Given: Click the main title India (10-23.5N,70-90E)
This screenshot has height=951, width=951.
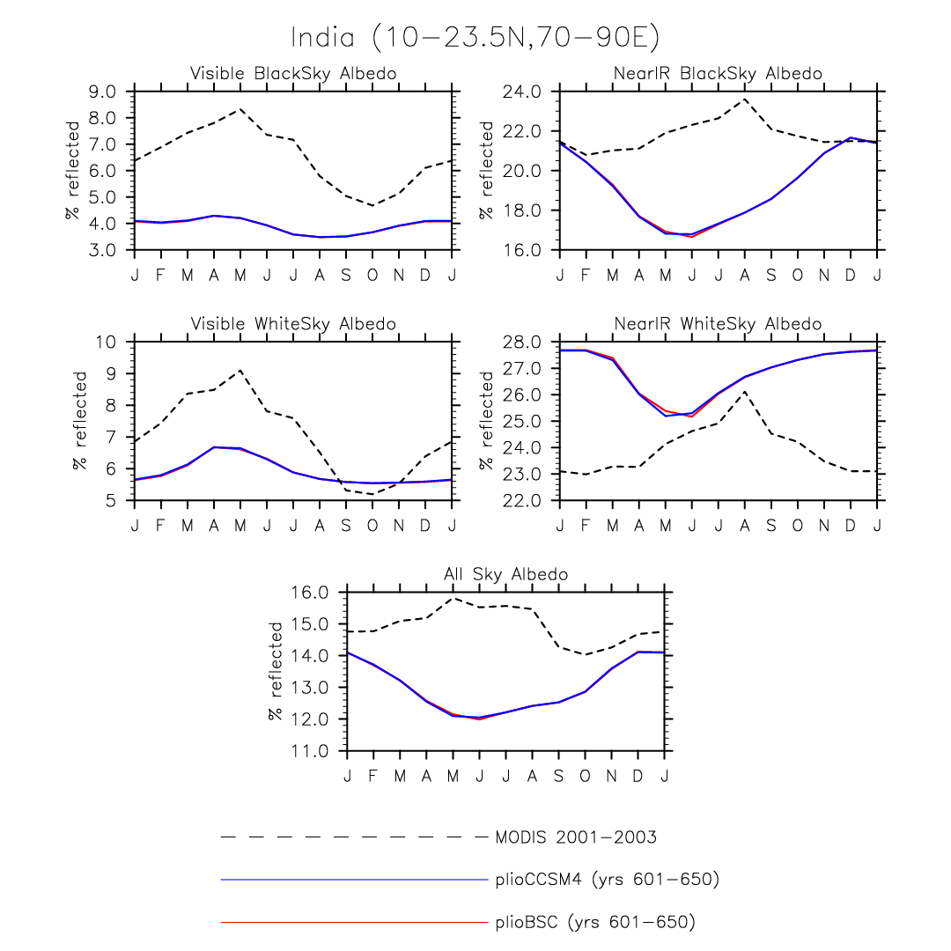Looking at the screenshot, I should coord(475,38).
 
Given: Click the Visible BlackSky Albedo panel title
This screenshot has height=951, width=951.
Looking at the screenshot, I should coord(293,73).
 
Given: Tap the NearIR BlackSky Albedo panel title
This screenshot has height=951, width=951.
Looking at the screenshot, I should coord(718,73).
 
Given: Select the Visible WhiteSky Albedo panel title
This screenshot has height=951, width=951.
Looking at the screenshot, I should coord(293,324).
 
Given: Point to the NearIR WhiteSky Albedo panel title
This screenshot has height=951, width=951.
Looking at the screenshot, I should coord(718,324).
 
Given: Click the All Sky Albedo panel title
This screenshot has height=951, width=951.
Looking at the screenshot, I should coord(505,574).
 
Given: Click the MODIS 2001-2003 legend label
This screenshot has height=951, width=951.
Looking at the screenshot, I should coord(576,837).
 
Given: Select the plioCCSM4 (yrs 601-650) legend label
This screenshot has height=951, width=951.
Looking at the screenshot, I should coord(607,880).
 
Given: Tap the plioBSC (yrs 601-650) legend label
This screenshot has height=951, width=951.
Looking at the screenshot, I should coord(594,922).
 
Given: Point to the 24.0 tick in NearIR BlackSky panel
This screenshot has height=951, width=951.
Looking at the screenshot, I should coord(525,92).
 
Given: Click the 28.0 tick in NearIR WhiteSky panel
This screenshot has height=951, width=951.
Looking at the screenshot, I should coord(525,342).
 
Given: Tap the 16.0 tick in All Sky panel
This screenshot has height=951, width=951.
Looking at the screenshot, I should coord(313,593).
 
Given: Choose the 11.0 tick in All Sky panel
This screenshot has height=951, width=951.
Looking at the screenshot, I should coord(313,751).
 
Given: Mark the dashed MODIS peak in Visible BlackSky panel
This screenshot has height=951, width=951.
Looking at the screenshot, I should coord(240,109).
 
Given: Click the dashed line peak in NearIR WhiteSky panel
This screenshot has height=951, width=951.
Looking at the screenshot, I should coord(745,392).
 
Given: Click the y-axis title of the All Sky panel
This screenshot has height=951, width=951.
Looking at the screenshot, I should coord(275,671).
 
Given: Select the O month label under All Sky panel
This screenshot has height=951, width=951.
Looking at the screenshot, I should coord(586,775).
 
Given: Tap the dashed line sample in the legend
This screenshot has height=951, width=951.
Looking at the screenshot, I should coord(352,837).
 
